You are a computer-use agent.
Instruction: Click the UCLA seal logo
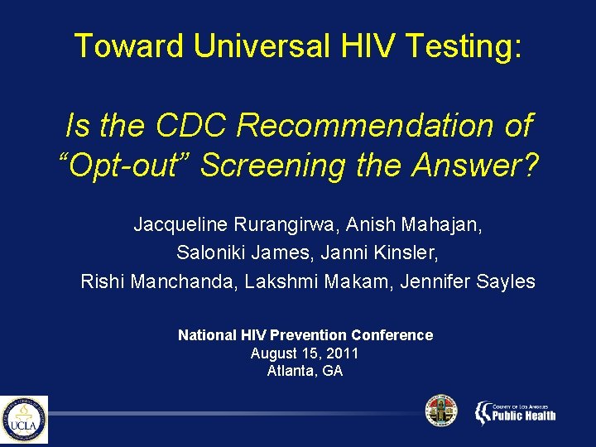[x=24, y=420]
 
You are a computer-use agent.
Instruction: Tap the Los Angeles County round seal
[x=440, y=411]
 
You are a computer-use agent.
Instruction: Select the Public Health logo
[x=515, y=411]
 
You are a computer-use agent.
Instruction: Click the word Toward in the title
[x=129, y=46]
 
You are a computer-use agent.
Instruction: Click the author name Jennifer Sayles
[x=468, y=281]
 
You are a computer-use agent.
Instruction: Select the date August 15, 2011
[x=305, y=353]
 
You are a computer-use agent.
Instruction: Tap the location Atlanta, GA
[x=305, y=371]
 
